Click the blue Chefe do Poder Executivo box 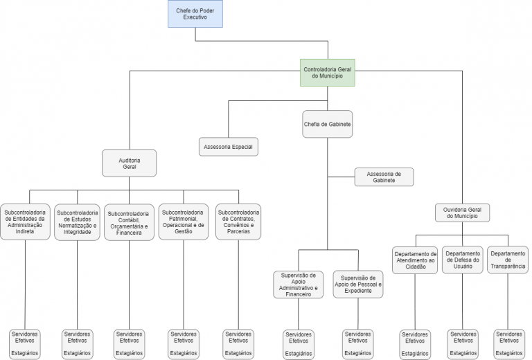[x=195, y=14]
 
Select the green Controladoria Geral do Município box [x=328, y=72]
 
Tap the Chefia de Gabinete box [x=327, y=125]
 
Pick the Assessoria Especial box [x=228, y=147]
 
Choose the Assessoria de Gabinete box [x=384, y=177]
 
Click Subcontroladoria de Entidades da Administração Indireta [x=25, y=221]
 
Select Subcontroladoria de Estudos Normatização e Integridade [x=77, y=221]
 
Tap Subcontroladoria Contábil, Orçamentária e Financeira [x=130, y=222]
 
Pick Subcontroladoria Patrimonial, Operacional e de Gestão [x=183, y=222]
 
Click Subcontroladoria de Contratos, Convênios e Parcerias [x=238, y=222]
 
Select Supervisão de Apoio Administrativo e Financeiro [x=298, y=285]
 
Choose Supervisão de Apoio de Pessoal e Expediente [x=357, y=284]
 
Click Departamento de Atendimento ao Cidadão [x=414, y=260]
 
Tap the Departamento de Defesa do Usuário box [x=463, y=259]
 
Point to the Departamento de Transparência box [x=508, y=259]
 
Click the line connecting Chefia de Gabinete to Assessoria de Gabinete [x=341, y=177]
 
